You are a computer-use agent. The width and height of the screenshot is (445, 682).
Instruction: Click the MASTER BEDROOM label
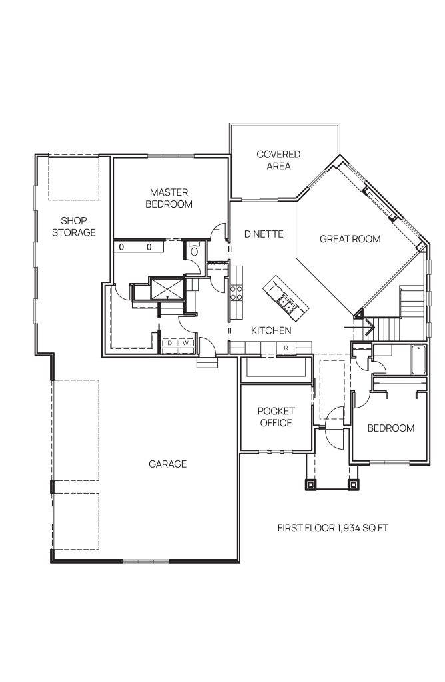pos(169,198)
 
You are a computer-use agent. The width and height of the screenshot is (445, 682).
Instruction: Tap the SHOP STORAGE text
pos(74,226)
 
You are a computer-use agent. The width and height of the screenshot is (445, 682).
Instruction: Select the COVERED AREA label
pos(278,160)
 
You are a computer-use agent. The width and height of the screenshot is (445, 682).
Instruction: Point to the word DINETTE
pos(264,234)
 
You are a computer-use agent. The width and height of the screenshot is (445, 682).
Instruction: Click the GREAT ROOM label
pos(350,239)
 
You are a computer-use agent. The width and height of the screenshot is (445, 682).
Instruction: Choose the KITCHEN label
pos(271,330)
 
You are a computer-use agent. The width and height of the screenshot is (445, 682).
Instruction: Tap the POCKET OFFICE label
pos(276,417)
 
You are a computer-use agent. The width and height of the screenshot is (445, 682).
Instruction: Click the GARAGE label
pos(167,464)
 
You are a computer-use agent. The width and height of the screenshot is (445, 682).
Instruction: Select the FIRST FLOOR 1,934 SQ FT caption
pos(333,528)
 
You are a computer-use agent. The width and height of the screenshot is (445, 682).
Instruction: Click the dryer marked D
pos(170,343)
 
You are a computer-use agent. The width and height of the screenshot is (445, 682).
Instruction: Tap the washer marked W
pos(186,343)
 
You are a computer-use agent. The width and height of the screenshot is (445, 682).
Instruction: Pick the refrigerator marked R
pos(286,348)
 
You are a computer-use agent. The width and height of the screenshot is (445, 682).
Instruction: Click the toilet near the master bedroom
pos(194,250)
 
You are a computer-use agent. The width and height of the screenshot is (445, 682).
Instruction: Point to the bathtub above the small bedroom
pos(418,359)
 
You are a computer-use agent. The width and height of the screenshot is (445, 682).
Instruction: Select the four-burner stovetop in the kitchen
pos(236,292)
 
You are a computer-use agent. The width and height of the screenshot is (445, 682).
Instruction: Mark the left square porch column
pos(310,484)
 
